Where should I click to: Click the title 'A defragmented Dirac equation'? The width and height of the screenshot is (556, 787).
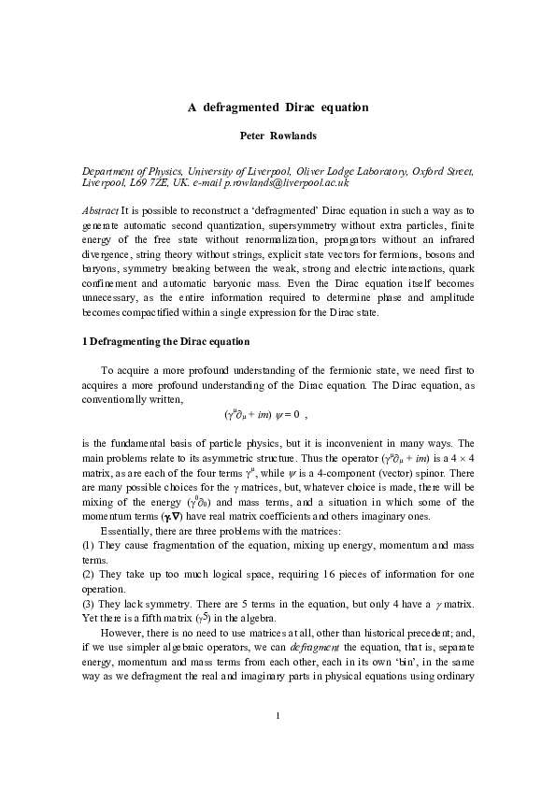278,107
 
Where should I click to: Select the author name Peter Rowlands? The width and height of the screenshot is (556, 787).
278,136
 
